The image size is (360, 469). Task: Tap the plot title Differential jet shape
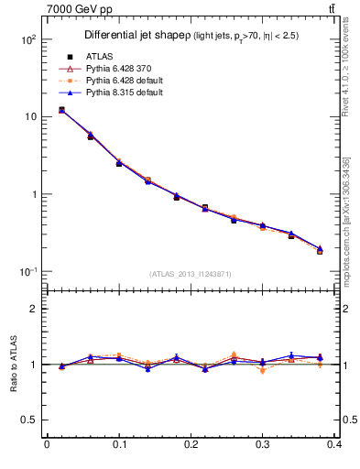coord(136,35)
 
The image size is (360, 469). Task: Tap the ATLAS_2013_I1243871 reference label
coord(190,274)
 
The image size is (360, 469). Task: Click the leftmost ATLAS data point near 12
coord(60,111)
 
